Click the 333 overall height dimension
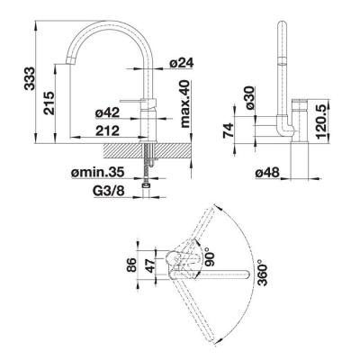30,78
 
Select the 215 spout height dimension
49,103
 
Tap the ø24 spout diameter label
182,63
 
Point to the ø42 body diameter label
107,112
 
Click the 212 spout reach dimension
107,130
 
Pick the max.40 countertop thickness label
185,103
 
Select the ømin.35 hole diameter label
98,172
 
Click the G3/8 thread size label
108,191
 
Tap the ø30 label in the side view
249,98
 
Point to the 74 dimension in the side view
229,130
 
